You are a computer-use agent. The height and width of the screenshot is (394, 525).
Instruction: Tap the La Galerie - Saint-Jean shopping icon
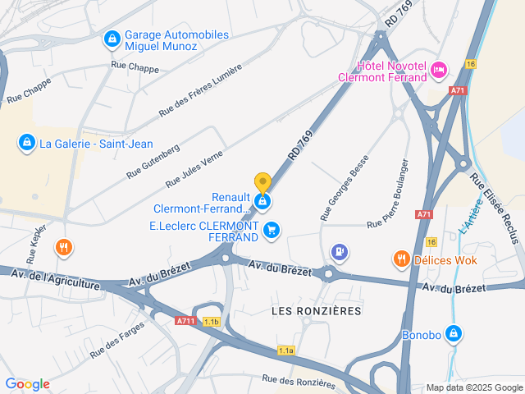tap(27, 144)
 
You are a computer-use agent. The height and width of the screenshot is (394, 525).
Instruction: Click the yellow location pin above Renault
tap(262, 182)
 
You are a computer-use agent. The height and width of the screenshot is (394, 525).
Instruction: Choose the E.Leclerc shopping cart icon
tap(272, 231)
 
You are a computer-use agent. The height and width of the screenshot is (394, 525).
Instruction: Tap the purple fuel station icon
tap(339, 251)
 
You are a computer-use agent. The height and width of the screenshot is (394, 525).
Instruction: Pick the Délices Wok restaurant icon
tap(401, 259)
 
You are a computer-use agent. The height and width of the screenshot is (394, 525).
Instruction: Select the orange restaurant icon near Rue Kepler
tap(63, 247)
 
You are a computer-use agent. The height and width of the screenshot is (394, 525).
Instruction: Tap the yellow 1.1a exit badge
tap(285, 350)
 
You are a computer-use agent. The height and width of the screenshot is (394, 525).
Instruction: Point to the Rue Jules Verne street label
tap(195, 168)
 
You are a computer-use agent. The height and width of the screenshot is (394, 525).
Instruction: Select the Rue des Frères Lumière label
tap(201, 90)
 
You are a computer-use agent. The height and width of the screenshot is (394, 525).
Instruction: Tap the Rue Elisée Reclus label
tap(495, 208)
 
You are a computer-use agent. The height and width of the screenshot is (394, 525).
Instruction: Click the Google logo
tap(27, 383)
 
